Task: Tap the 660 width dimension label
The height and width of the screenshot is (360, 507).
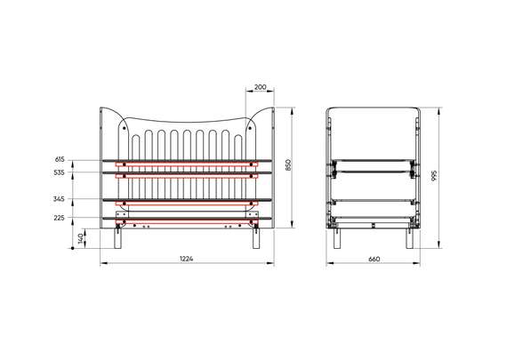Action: click(x=374, y=258)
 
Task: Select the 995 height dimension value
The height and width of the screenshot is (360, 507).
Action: click(x=433, y=175)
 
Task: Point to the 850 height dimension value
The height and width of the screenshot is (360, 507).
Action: click(x=287, y=165)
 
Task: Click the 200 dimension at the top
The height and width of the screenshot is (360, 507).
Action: click(x=259, y=87)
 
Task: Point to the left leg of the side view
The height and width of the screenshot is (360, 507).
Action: click(x=336, y=238)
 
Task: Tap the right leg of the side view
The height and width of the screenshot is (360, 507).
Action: click(x=411, y=238)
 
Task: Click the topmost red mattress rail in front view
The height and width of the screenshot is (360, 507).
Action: click(x=188, y=164)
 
